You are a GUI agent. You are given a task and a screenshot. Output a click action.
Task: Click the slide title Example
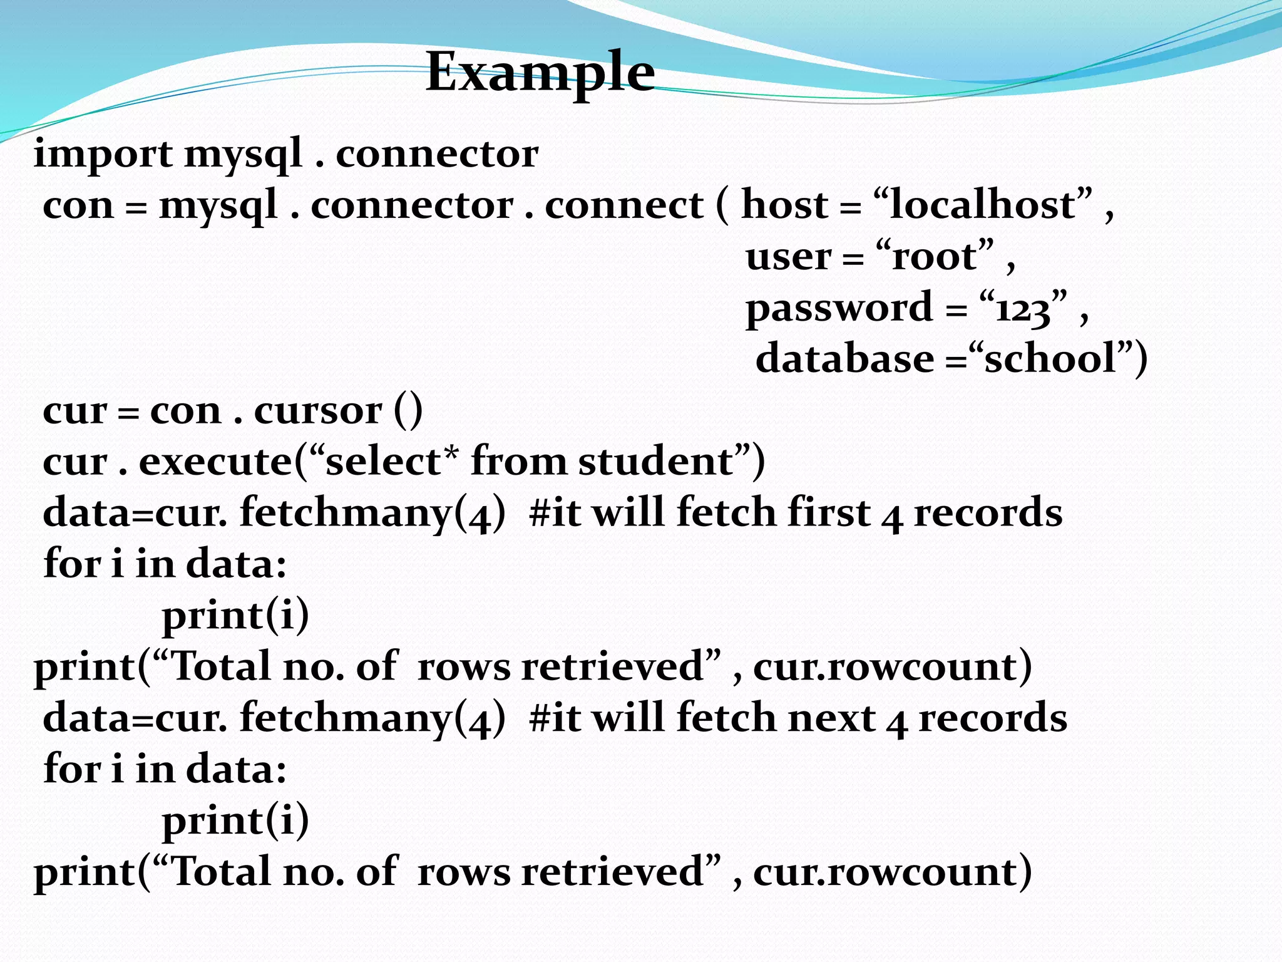click(x=540, y=72)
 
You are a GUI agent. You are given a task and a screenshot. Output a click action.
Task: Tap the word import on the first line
click(x=103, y=154)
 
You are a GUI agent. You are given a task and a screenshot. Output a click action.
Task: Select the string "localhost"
click(x=982, y=205)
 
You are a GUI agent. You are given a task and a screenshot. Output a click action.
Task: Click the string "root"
click(x=935, y=256)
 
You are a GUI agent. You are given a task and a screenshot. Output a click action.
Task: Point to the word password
click(x=839, y=308)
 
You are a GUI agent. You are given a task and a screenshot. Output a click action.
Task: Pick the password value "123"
click(x=1022, y=309)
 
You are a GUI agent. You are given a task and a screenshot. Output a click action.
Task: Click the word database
click(x=845, y=359)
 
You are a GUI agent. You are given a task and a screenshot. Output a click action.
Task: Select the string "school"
click(x=1051, y=359)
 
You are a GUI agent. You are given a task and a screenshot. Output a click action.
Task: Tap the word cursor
click(x=318, y=411)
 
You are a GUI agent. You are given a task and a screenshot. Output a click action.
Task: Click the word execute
click(x=215, y=462)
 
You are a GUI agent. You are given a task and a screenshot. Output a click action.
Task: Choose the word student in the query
click(x=655, y=462)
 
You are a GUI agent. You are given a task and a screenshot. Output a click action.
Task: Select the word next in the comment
click(x=831, y=718)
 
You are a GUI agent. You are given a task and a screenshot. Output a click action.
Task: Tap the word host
click(x=784, y=205)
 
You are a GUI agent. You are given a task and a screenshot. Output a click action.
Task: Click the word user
click(x=789, y=257)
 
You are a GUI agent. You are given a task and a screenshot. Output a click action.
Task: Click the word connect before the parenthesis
click(x=624, y=205)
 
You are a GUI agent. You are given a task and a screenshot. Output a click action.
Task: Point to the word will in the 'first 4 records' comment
click(x=628, y=513)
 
